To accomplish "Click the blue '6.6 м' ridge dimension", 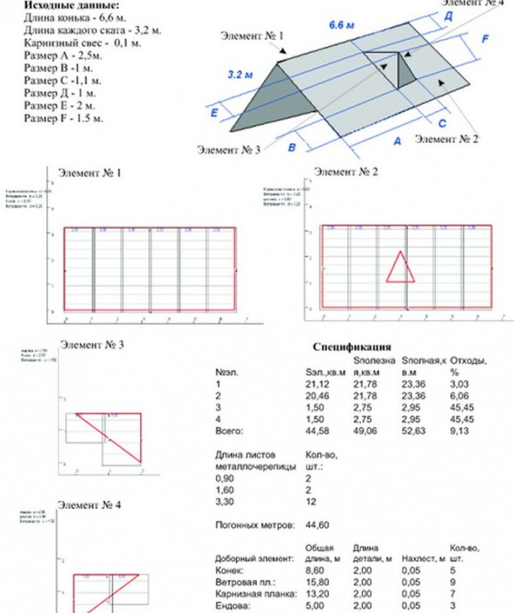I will point(341,26).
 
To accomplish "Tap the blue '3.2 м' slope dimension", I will point(240,74).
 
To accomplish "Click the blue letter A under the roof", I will point(396,142).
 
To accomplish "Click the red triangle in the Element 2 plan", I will point(399,267).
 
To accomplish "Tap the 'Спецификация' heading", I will point(352,346).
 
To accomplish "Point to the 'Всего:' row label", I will point(230,431).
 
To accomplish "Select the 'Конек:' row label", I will point(230,570).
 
